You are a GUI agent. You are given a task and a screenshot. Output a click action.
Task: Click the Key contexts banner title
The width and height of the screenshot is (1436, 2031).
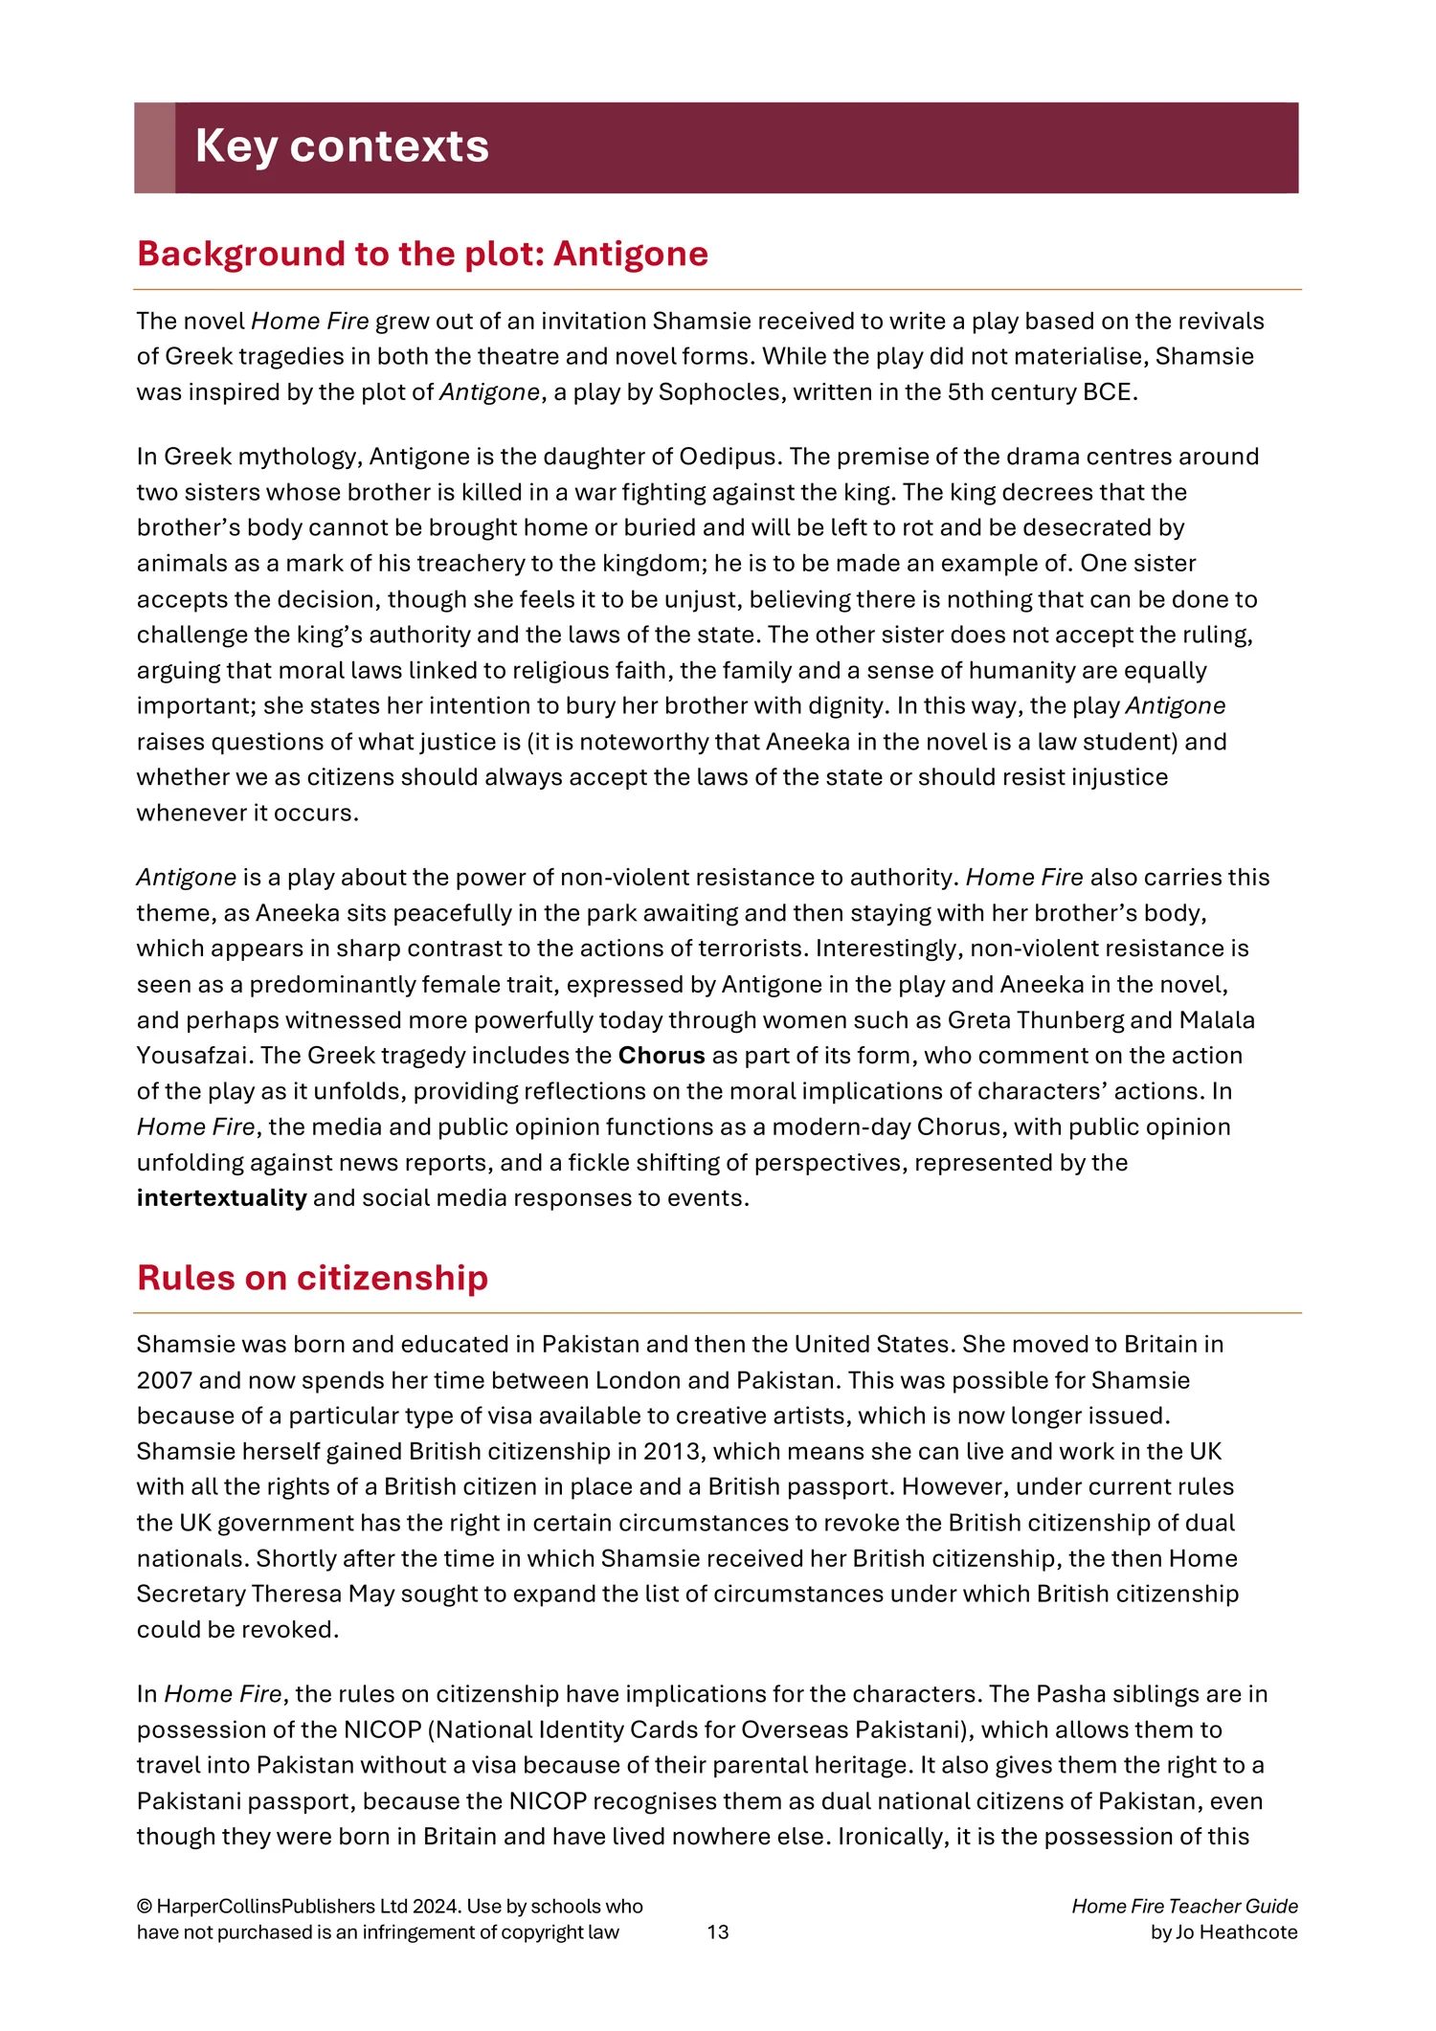[x=342, y=146]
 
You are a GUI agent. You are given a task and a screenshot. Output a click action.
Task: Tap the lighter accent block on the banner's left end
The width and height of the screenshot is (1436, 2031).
[x=154, y=147]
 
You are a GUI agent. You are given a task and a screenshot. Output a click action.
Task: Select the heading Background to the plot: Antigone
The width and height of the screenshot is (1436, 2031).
[x=422, y=254]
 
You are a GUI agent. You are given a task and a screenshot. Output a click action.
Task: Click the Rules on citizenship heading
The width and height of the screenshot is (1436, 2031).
[x=312, y=1278]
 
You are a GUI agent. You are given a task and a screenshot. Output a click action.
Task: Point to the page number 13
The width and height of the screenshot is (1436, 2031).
[x=718, y=1931]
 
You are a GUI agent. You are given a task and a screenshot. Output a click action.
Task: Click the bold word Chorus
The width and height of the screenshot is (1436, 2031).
[x=662, y=1056]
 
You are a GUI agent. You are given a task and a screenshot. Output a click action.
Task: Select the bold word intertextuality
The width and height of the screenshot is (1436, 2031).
[x=221, y=1198]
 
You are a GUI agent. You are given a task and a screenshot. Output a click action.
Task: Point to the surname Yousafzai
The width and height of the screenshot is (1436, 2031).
[x=194, y=1056]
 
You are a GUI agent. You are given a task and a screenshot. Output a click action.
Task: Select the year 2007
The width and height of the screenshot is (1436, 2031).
[x=166, y=1380]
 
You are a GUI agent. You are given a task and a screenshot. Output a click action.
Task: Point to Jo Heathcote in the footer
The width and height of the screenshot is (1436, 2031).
[x=1236, y=1931]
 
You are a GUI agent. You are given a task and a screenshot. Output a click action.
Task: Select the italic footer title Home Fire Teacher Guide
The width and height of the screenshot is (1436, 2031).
[x=1184, y=1906]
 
